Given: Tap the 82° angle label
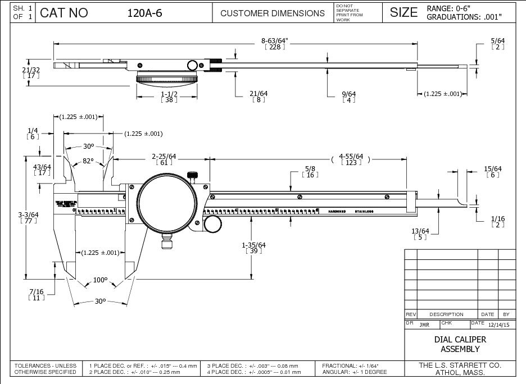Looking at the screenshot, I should click(88, 161).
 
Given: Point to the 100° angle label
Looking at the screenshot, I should click(100, 280).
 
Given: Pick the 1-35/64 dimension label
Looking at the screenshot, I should click(253, 245).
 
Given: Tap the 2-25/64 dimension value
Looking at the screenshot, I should click(164, 156).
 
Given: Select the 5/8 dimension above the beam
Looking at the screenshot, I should click(310, 168).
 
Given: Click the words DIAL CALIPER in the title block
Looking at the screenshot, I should click(460, 340).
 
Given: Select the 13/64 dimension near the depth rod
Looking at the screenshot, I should click(420, 231).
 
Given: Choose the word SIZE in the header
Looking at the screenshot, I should click(403, 12).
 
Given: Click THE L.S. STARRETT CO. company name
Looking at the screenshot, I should click(460, 365).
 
